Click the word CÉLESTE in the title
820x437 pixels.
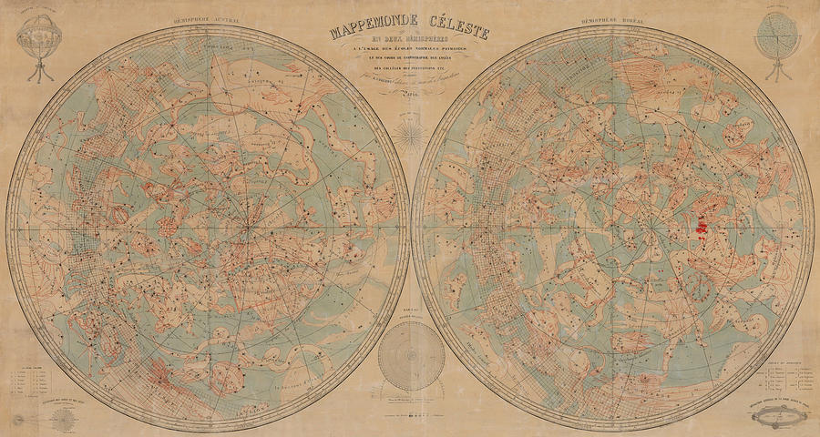point(456,34)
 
